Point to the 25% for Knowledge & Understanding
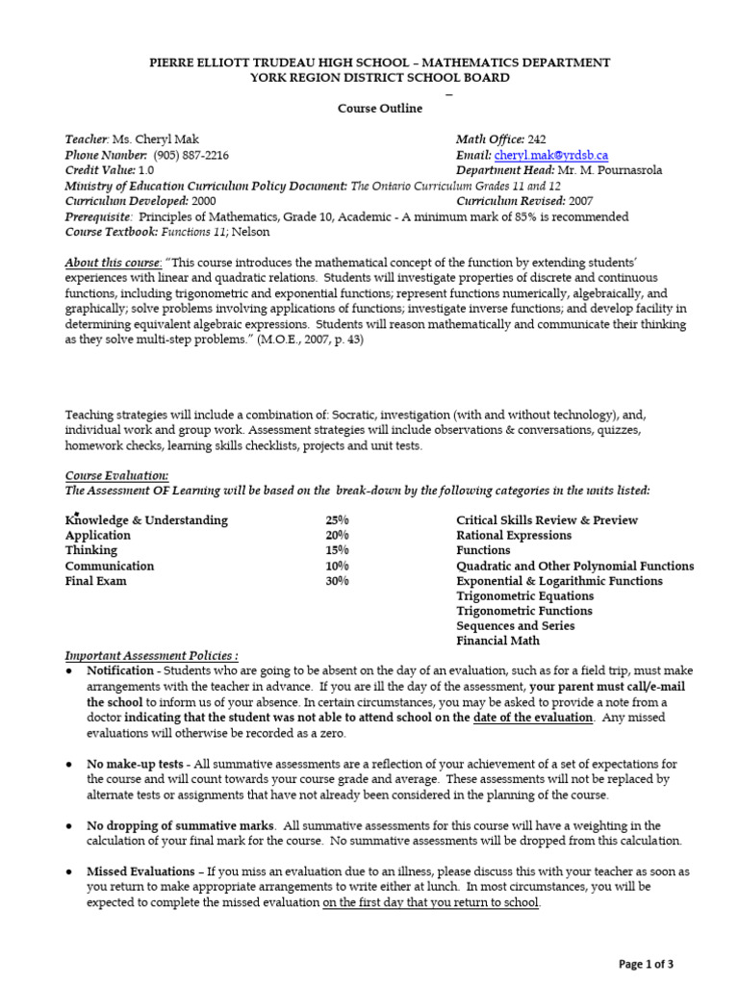coord(337,520)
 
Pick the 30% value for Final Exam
coord(337,581)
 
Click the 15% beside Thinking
coord(337,550)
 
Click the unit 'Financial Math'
coord(497,641)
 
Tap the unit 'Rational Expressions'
coord(513,536)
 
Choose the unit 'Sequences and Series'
coord(515,625)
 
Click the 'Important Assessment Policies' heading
coord(151,655)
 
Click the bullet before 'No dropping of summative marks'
coord(71,826)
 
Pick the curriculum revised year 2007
coord(579,202)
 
